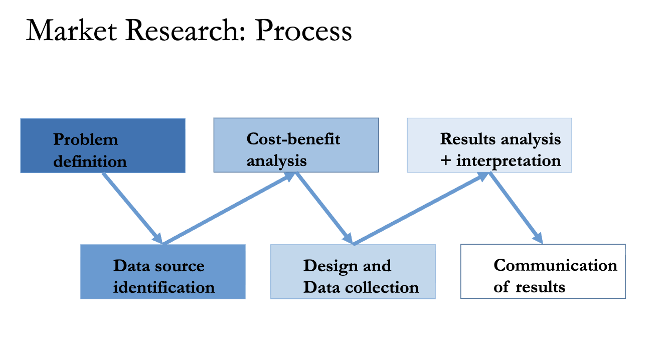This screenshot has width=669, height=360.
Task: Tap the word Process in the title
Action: [303, 31]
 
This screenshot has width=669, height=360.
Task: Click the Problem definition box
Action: [103, 145]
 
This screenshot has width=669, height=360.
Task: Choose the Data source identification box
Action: [163, 271]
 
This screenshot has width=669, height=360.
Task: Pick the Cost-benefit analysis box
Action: [296, 145]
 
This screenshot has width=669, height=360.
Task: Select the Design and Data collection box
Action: [353, 271]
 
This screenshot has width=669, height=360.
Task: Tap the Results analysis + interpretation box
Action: [489, 145]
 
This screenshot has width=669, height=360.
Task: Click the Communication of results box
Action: [543, 271]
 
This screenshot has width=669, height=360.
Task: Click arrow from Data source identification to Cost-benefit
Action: [229, 209]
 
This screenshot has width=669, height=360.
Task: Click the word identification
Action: [164, 288]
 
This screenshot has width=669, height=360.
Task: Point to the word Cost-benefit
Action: [293, 139]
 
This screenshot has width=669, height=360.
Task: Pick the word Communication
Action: [555, 265]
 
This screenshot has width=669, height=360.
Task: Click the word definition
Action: [90, 162]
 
